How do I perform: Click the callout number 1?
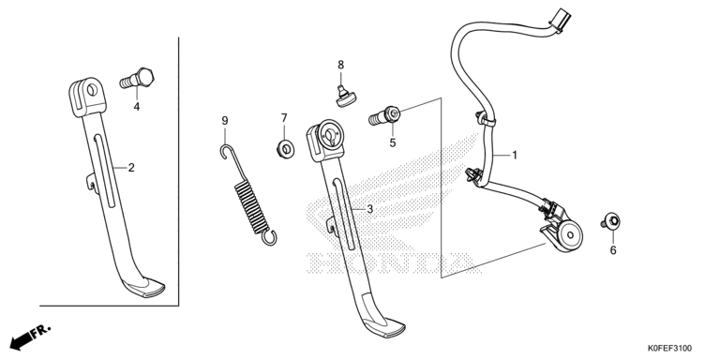pos(515,156)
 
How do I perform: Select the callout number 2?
pos(131,168)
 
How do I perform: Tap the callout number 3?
pos(369,210)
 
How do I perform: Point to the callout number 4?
pos(136,107)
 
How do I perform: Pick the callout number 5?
pos(393,142)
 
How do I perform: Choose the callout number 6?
pos(613,250)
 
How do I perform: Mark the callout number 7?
pos(284,118)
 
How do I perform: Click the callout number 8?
pos(340,66)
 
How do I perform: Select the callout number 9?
pos(225,121)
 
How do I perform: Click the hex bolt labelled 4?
pos(137,79)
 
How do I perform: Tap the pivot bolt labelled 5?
pos(384,115)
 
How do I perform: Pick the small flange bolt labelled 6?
pos(610,221)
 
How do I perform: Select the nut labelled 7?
pos(286,149)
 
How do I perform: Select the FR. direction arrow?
pos(30,337)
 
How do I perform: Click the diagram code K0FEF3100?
pos(670,349)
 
